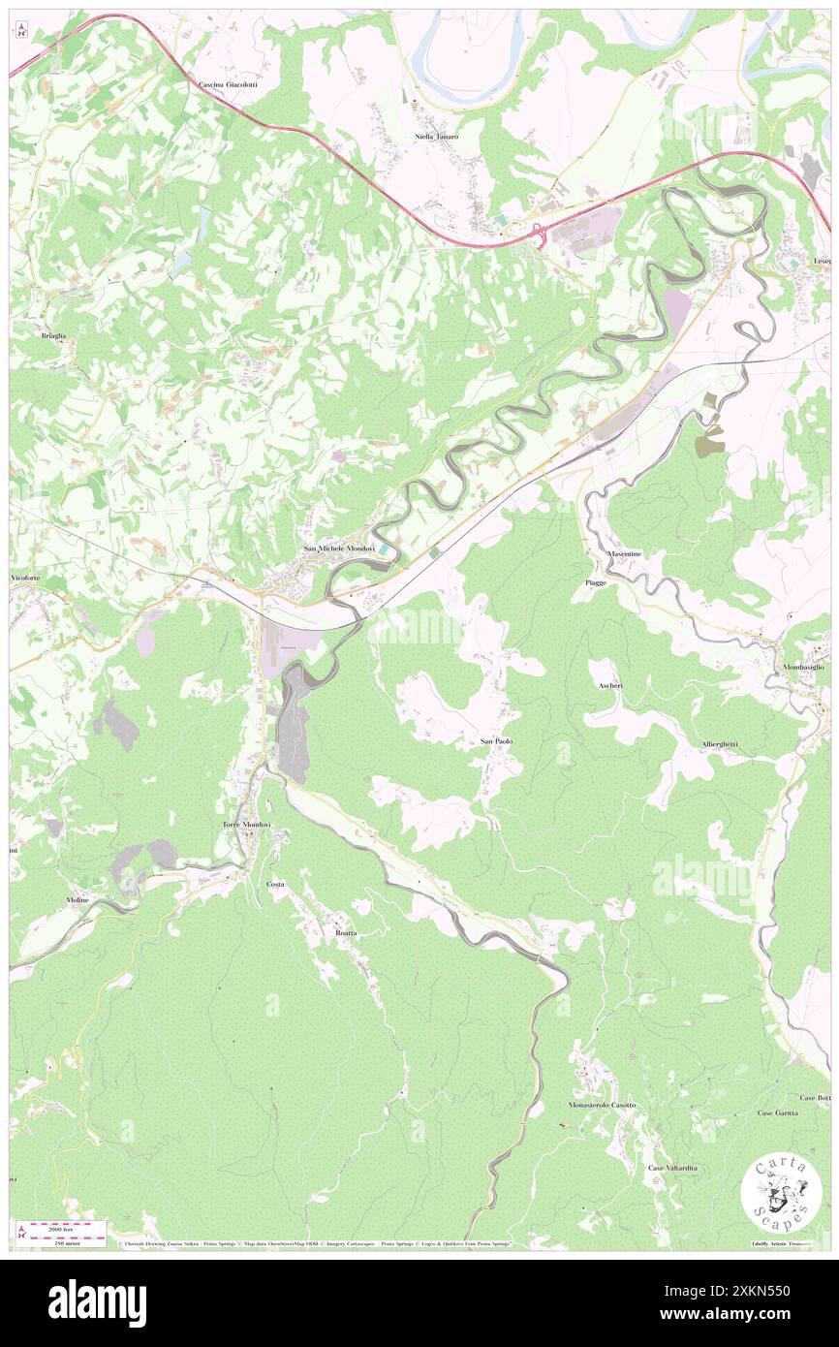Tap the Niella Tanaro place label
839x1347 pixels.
point(436,137)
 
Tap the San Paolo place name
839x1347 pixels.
point(497,741)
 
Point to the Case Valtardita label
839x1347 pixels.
point(672,1168)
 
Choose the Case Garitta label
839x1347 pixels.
point(778,1112)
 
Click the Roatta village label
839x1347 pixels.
point(346,932)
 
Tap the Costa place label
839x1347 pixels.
point(275,884)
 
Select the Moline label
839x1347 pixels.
point(78,899)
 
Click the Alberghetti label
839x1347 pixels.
point(720,743)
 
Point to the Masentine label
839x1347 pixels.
point(624,553)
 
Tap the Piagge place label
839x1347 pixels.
point(596,582)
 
